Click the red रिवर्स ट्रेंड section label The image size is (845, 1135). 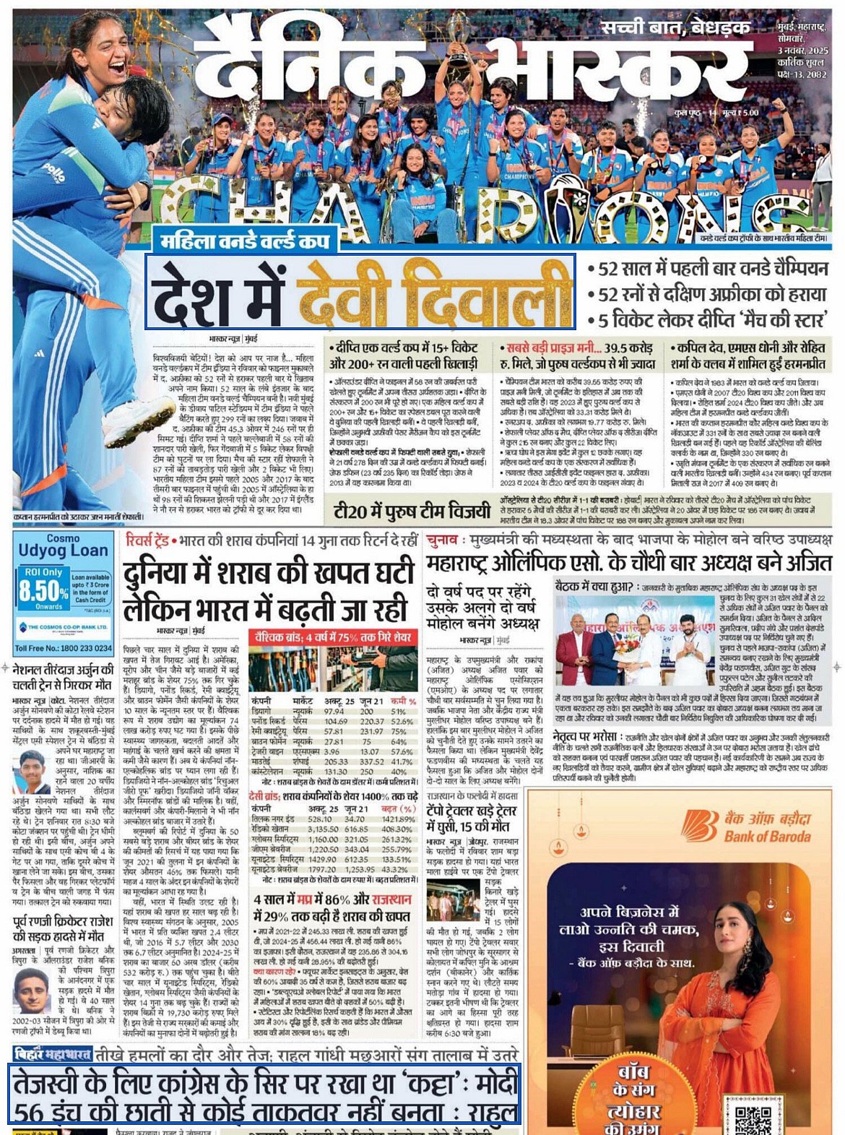pyautogui.click(x=147, y=540)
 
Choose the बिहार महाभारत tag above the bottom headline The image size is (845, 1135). pyautogui.click(x=54, y=1053)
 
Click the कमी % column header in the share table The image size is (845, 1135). pyautogui.click(x=403, y=702)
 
